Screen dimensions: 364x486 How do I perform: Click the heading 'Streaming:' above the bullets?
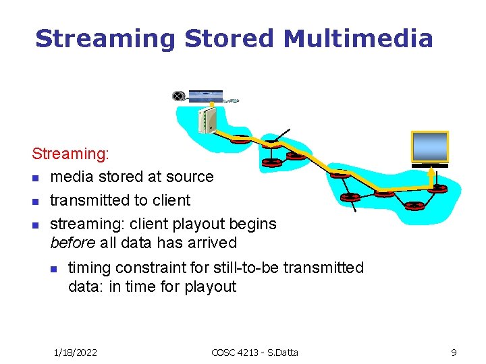(71, 154)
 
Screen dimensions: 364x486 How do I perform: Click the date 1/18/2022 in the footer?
(75, 352)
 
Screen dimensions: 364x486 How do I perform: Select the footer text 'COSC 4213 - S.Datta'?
(254, 352)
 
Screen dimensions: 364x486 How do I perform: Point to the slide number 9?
(454, 352)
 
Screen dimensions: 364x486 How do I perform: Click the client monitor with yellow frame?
(430, 147)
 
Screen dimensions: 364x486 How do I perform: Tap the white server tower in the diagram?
(206, 120)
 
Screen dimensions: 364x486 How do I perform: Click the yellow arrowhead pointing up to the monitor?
(430, 171)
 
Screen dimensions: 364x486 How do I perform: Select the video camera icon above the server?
(178, 96)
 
